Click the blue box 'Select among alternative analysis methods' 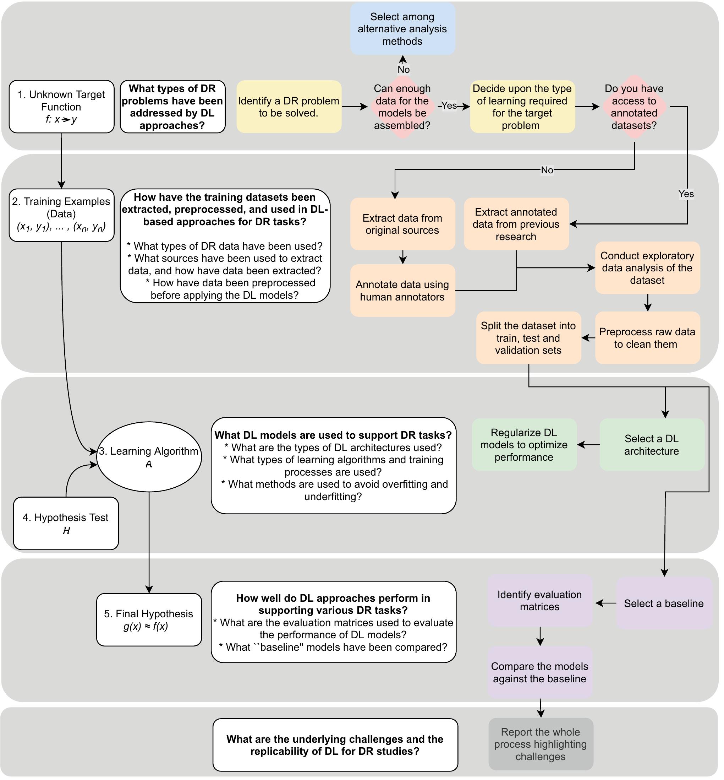(402, 29)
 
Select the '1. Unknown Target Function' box (61, 107)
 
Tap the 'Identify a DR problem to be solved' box (289, 107)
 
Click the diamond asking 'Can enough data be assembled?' (402, 107)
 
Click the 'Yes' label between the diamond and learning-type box (449, 105)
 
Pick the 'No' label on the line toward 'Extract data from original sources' (547, 170)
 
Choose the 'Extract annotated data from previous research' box (516, 224)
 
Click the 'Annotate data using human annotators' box (402, 291)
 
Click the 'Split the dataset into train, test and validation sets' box (528, 338)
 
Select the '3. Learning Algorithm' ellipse (149, 457)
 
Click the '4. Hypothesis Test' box (66, 523)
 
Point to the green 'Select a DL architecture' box (652, 444)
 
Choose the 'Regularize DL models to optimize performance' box (524, 444)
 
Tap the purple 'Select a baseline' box (664, 603)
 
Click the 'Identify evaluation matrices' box (539, 600)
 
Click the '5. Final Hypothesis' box (149, 619)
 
